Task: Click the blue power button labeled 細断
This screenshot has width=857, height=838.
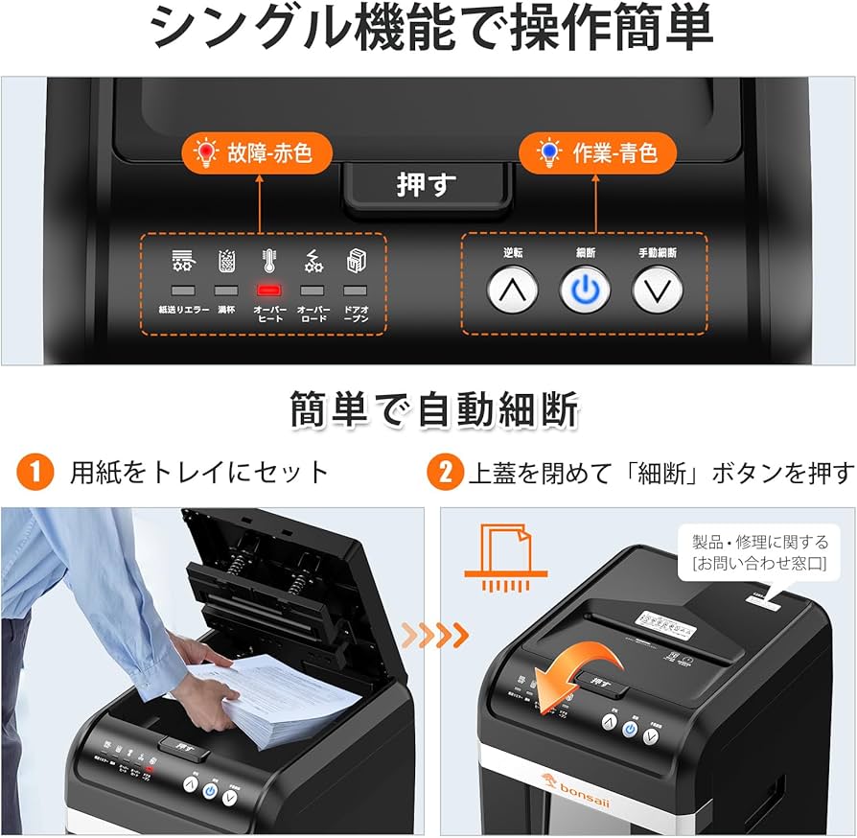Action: pos(585,289)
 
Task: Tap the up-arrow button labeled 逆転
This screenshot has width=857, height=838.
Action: pos(512,289)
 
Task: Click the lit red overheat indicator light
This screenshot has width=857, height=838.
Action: pos(269,290)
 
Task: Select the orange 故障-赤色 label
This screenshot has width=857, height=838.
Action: pos(258,152)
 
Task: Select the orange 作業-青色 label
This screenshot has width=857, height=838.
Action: pos(598,152)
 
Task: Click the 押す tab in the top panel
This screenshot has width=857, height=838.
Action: pos(428,184)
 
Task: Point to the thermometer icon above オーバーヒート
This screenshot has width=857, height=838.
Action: pos(269,260)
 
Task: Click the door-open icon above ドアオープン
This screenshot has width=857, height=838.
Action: pos(355,260)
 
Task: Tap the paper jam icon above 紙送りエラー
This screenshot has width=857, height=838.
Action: pos(183,260)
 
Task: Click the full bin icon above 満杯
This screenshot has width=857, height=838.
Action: pos(226,260)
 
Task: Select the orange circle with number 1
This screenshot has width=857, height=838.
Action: pos(35,472)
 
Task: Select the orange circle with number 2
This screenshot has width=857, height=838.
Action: pos(446,472)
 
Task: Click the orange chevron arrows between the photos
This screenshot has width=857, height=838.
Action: pos(434,634)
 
